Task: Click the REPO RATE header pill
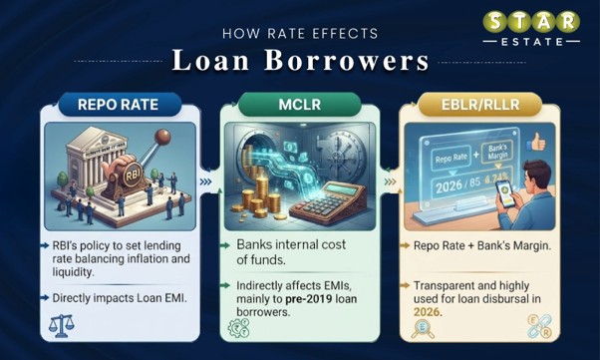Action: [120, 104]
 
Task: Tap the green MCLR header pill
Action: [300, 104]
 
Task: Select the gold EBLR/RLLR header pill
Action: [480, 104]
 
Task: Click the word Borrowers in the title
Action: [347, 61]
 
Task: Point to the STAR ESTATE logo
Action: [531, 28]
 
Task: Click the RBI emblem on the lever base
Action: [132, 176]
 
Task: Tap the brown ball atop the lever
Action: [162, 137]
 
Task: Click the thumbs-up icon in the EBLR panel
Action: [536, 143]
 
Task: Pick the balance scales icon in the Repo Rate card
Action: [61, 326]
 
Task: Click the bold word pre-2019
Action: [308, 299]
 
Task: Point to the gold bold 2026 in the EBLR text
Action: [428, 312]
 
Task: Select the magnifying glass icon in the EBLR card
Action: [423, 329]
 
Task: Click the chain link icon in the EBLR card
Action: [539, 327]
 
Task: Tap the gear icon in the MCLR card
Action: [238, 328]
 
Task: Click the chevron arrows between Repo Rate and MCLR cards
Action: [206, 181]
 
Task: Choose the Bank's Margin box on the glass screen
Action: [497, 152]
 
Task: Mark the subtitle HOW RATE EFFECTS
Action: [300, 33]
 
